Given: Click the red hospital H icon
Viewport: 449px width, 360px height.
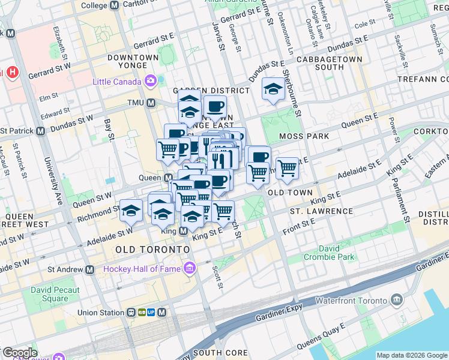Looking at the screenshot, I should pos(13,73).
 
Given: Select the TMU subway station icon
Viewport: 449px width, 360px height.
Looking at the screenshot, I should pos(151,103).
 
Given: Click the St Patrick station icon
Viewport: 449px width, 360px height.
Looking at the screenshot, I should pos(41,131).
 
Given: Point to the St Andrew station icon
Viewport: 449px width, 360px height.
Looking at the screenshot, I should pos(89,269).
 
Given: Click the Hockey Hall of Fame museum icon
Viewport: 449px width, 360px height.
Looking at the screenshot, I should pos(190,268).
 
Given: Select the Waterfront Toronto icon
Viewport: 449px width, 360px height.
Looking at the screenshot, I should pos(396,299).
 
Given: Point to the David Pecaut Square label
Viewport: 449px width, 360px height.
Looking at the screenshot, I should pos(50,294).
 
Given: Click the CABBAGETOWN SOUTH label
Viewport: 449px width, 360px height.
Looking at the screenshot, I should pos(329,64).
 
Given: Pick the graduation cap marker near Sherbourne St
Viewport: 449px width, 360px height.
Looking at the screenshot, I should pos(273,90).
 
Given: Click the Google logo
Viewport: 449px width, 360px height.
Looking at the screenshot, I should pos(19,353).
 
